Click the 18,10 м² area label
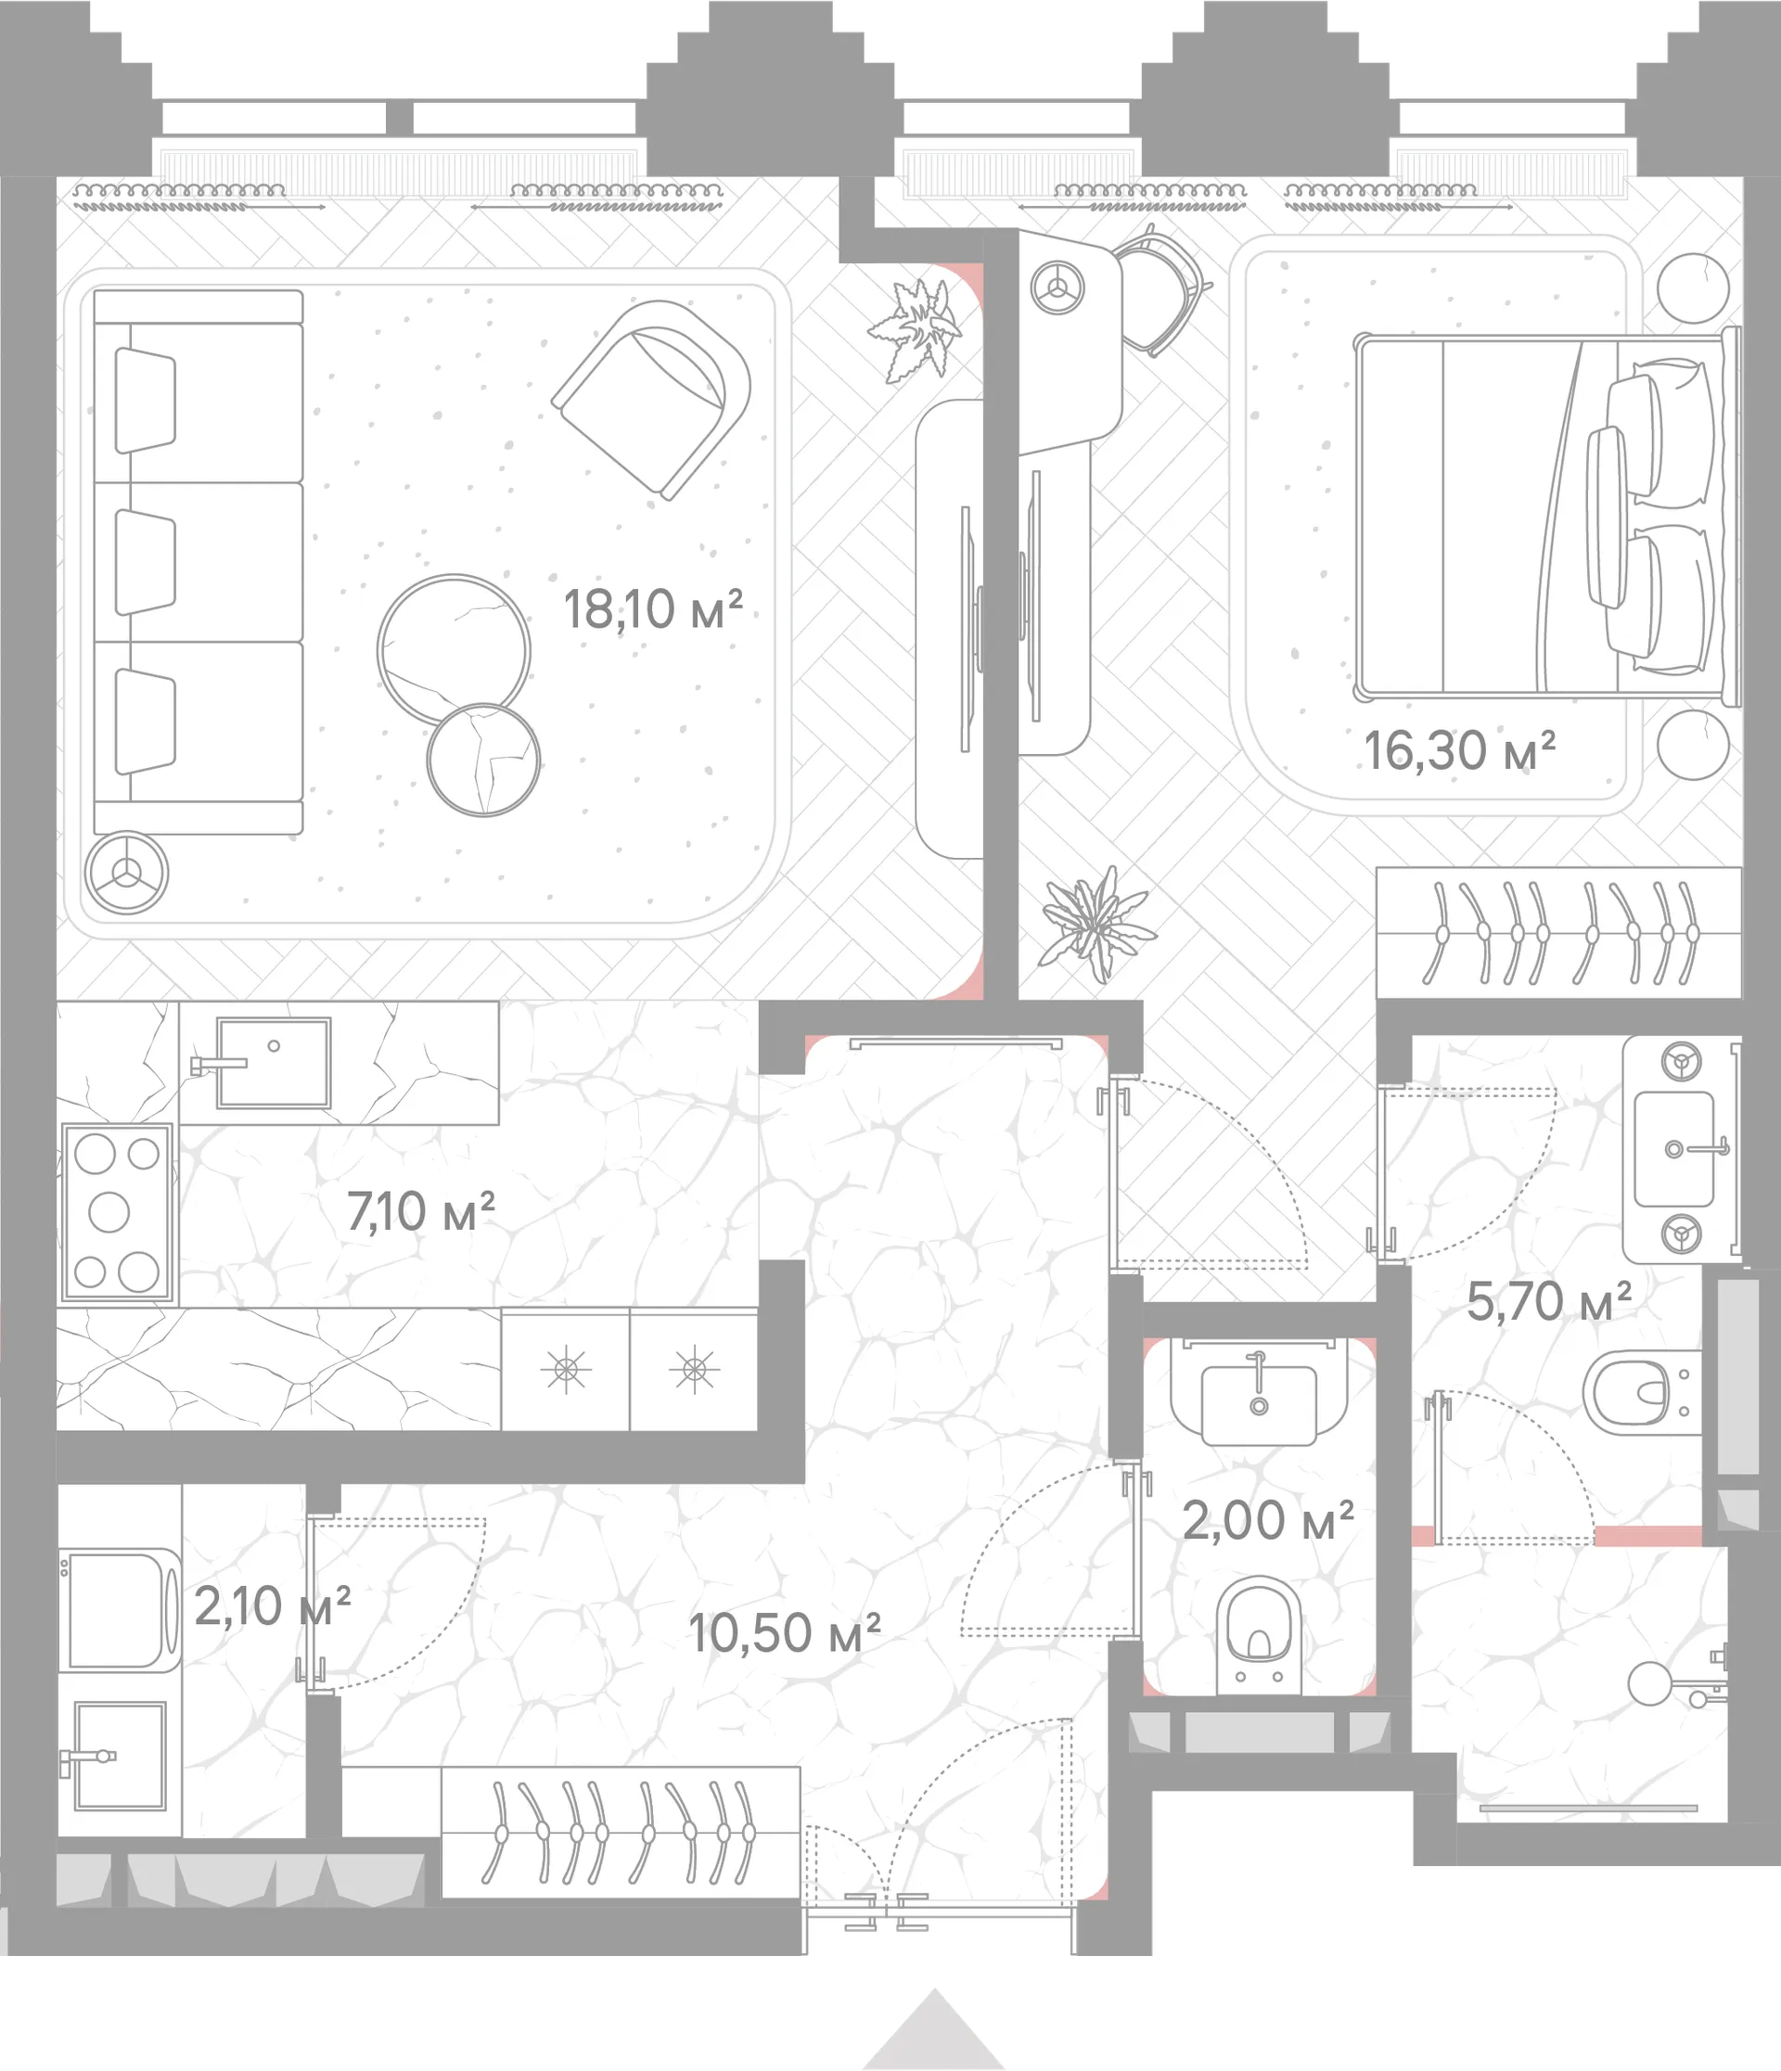[654, 608]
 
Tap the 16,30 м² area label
[1460, 750]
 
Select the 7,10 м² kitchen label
[421, 1211]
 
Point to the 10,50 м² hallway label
[785, 1632]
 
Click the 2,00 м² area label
[1268, 1520]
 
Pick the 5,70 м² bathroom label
[1549, 1301]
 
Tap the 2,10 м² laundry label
[272, 1606]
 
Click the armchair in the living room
[651, 399]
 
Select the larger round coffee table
[454, 651]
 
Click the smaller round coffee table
[483, 761]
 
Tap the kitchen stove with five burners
[117, 1213]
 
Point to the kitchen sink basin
[273, 1062]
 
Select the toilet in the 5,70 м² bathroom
[1642, 1392]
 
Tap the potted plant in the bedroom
[1096, 923]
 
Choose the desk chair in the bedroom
[1160, 291]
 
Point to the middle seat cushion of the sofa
[198, 562]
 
